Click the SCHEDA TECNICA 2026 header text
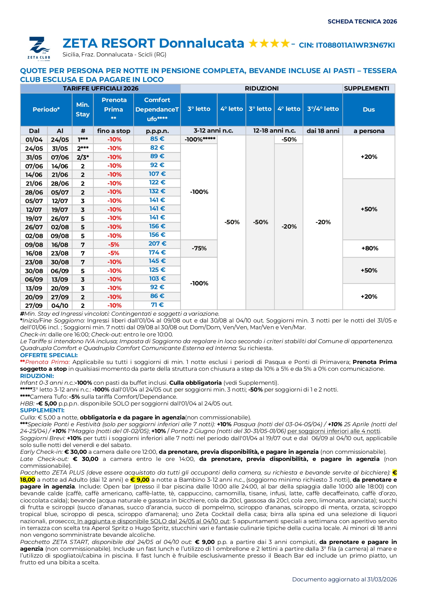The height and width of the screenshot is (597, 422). [362, 21]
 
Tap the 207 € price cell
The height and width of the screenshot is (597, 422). [157, 244]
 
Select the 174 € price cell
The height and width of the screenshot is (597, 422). [157, 252]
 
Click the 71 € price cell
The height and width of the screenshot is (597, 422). [157, 305]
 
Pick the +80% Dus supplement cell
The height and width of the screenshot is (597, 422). [369, 248]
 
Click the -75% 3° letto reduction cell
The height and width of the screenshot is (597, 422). [199, 248]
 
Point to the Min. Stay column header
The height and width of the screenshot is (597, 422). [83, 110]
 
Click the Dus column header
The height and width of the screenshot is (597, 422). [369, 110]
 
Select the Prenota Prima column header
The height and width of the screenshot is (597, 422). [114, 109]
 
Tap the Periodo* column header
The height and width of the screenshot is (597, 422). [46, 110]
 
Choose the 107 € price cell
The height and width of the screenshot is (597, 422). [157, 174]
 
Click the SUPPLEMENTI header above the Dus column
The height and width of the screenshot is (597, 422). [366, 88]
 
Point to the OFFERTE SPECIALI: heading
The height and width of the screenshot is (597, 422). [49, 355]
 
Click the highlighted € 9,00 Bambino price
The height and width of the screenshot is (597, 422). [140, 480]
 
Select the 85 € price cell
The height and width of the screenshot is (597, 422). [157, 139]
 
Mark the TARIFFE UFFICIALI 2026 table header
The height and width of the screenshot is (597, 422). [101, 88]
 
